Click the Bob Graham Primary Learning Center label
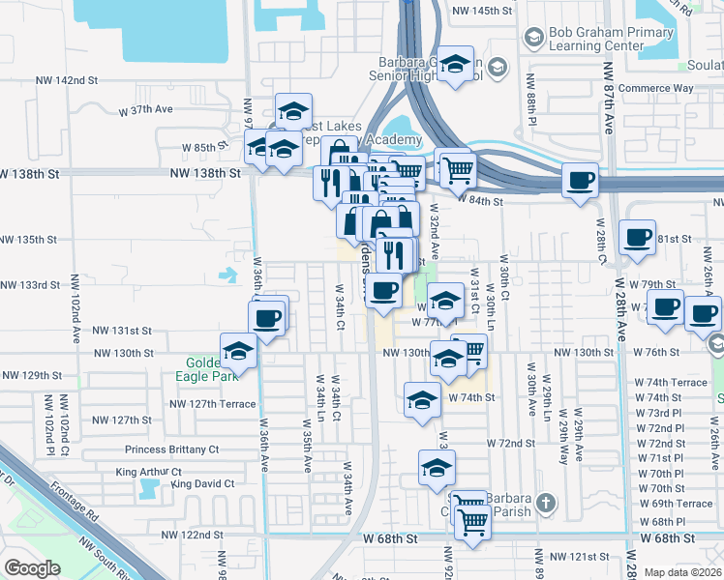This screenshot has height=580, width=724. point(596,39)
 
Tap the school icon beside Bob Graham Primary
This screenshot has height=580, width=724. point(532,38)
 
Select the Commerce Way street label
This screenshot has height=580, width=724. point(657,89)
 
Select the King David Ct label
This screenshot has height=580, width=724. point(202,483)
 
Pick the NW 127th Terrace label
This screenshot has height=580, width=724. point(213,404)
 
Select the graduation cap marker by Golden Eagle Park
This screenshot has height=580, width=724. point(237,350)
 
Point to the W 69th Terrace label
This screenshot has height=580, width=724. point(676,504)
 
